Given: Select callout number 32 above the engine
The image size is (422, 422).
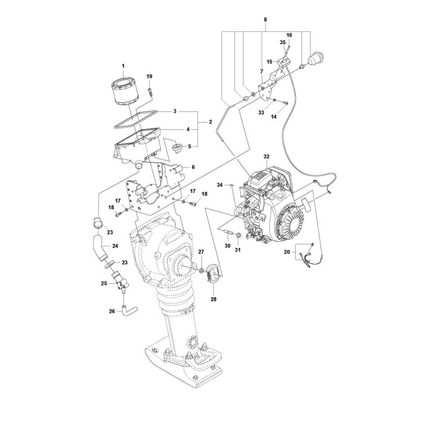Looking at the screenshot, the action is [266, 157].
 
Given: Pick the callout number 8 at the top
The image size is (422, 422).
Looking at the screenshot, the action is [265, 19].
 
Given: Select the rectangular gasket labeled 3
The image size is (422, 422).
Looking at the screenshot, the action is [136, 120].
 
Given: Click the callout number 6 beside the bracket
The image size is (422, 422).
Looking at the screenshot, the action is [193, 167].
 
